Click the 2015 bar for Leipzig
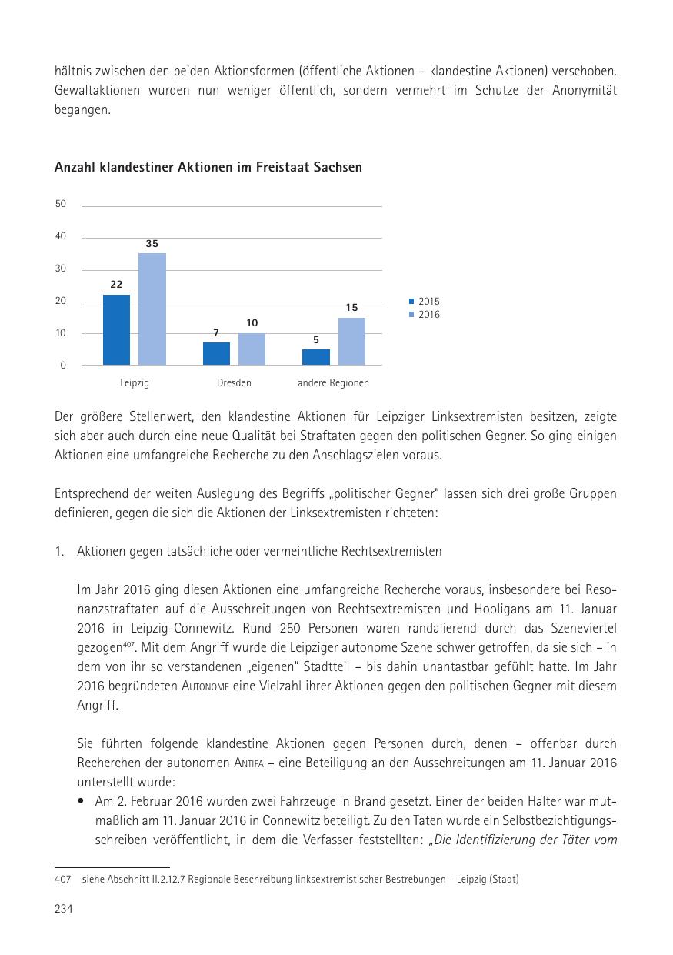[116, 329]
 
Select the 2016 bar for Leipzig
[152, 309]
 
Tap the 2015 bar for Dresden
[216, 353]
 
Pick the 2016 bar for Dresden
[252, 349]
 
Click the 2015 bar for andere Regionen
[316, 356]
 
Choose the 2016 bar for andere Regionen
[351, 341]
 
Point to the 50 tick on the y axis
[61, 204]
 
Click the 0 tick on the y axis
[63, 366]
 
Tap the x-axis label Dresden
[234, 382]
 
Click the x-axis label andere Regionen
[333, 382]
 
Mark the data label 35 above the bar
[152, 244]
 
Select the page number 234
[63, 910]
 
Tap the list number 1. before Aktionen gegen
[59, 552]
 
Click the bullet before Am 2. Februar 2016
[82, 800]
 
